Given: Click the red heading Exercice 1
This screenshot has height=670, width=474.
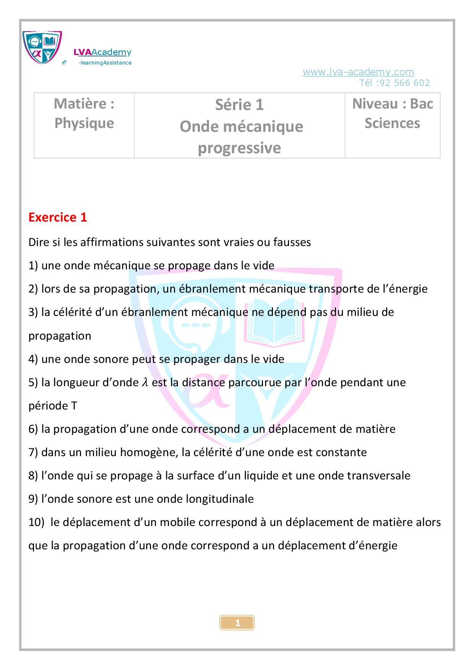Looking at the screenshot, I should coord(58,217).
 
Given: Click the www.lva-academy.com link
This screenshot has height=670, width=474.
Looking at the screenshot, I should coord(358,72).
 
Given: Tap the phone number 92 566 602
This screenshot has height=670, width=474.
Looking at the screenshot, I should coord(405,83).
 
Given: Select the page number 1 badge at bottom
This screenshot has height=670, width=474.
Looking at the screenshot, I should coord(237,623).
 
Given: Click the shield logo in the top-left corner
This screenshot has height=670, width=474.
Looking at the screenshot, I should coord(42,47).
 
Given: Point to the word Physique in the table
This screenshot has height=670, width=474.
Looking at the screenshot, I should coord(84,123).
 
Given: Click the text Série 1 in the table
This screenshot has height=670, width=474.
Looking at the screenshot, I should coord(239,105).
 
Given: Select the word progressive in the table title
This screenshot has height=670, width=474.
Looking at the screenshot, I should coord(239,148).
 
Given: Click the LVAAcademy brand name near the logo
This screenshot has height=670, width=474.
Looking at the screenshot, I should coord(102,52).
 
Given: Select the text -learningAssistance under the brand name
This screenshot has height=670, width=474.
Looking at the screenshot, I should coord(105,63).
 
